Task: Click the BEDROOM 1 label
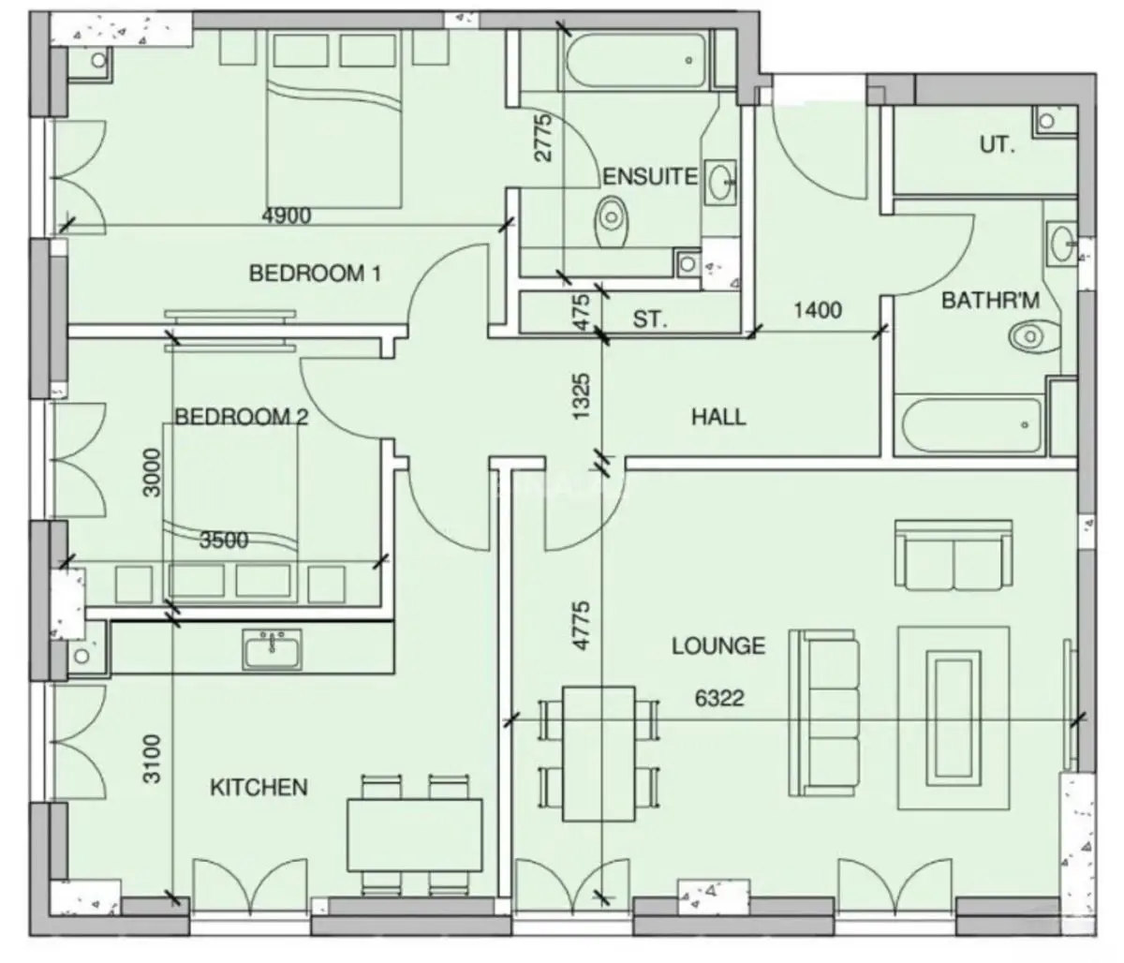[x=315, y=273]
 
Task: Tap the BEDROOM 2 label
[x=242, y=417]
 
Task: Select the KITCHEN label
[x=259, y=787]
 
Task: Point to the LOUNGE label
[x=718, y=645]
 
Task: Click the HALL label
[x=718, y=417]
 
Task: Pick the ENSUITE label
[x=650, y=177]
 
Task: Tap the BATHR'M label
[x=990, y=300]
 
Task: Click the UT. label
[x=998, y=145]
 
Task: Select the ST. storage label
[x=649, y=319]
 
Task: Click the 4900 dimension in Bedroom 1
[x=287, y=215]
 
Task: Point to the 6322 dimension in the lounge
[x=718, y=698]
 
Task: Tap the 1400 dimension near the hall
[x=818, y=310]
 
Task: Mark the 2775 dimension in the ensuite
[x=543, y=137]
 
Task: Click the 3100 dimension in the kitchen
[x=153, y=759]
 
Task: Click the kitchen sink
[x=273, y=650]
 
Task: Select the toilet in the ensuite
[x=613, y=221]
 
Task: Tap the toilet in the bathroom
[x=1034, y=337]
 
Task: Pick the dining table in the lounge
[x=599, y=754]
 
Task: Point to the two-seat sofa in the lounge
[x=954, y=555]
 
